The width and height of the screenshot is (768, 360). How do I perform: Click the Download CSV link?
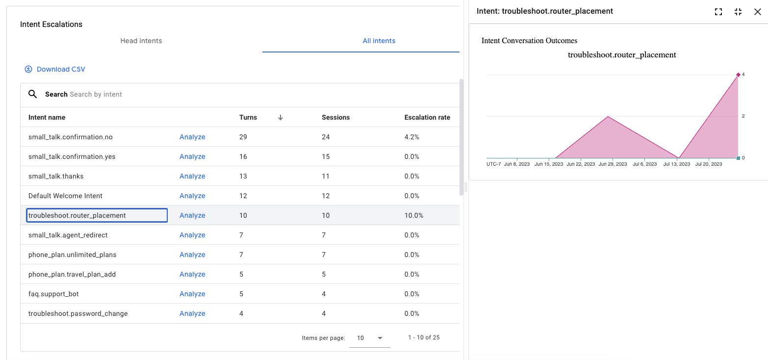(x=55, y=69)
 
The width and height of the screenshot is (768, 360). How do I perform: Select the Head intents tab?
(x=141, y=41)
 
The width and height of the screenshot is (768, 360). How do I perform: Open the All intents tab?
(x=379, y=41)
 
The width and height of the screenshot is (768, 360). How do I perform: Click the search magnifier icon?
(x=33, y=94)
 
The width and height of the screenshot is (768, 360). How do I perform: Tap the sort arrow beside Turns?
(x=281, y=117)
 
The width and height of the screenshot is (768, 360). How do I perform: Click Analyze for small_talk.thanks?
(x=192, y=176)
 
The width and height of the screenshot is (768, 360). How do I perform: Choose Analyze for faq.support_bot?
(x=192, y=294)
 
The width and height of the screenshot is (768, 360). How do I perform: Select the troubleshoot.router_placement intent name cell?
(x=97, y=215)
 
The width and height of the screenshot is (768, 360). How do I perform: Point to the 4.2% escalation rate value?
(x=411, y=137)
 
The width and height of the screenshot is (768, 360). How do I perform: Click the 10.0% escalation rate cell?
(x=413, y=215)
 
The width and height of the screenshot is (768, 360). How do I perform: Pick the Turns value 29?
(x=243, y=137)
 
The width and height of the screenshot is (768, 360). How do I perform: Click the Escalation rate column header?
(x=427, y=117)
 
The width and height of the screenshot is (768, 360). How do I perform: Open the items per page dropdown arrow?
(x=380, y=338)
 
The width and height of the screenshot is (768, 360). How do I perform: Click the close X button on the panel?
(x=757, y=12)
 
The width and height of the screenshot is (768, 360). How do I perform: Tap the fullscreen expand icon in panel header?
(x=718, y=12)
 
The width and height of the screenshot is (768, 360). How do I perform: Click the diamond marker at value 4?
(x=738, y=75)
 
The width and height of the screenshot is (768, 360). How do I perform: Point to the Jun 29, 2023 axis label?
(x=613, y=164)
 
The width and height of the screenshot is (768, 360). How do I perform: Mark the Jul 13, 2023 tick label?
(x=676, y=164)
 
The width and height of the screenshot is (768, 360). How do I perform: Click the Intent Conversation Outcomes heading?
(x=529, y=41)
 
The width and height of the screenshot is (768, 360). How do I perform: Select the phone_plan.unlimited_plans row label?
(x=73, y=255)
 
